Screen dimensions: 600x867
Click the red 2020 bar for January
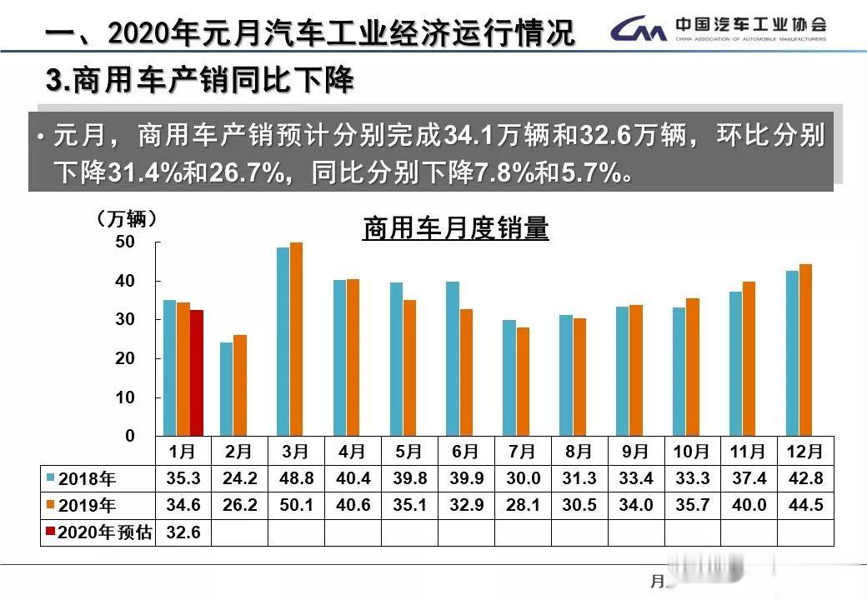(x=197, y=372)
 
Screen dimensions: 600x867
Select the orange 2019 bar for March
(x=297, y=339)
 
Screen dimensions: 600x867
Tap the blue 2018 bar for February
(x=226, y=389)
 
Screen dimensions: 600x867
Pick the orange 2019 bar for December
(x=805, y=350)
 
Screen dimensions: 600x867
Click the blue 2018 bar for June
(x=453, y=358)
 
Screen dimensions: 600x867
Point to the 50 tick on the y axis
(x=124, y=242)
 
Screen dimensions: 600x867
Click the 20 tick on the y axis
(x=124, y=358)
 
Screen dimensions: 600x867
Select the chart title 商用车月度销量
(x=455, y=227)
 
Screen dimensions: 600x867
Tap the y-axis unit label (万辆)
(x=126, y=219)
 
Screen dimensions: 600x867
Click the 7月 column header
(x=522, y=452)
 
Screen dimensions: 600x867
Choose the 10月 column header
(x=691, y=452)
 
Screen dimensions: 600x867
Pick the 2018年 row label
(x=88, y=479)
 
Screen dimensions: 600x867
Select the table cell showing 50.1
(x=296, y=506)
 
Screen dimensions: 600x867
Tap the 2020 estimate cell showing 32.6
(x=183, y=532)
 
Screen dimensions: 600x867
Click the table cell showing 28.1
(x=522, y=506)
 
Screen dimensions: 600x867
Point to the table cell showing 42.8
(x=805, y=479)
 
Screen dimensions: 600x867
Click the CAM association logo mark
(x=639, y=31)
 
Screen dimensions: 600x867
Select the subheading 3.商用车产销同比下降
(x=200, y=81)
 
